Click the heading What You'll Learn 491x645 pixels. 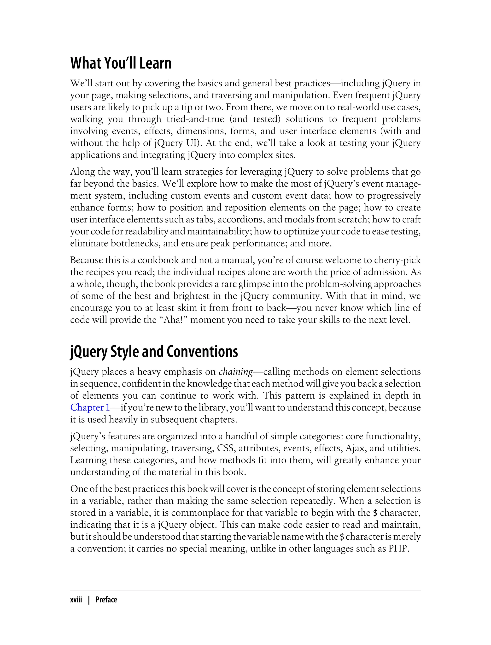click(121, 63)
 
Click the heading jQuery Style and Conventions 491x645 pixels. click(154, 352)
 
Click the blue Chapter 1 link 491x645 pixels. click(90, 407)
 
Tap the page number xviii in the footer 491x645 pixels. click(76, 600)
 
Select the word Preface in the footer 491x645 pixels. click(106, 600)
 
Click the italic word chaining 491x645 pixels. click(236, 372)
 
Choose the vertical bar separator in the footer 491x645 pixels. click(89, 600)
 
